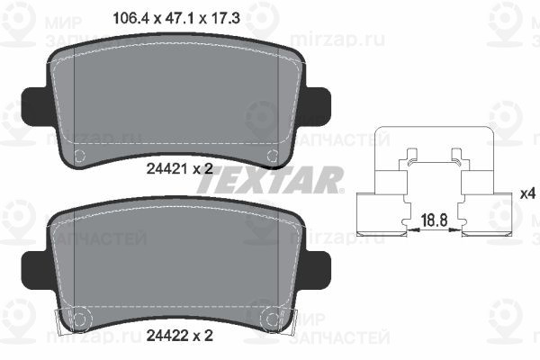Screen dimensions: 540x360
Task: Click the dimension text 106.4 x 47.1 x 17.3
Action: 176,18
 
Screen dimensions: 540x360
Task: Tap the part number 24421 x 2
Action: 179,169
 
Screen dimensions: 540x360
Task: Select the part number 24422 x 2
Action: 179,335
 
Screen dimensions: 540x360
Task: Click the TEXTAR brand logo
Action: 270,180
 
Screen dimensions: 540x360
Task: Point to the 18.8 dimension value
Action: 435,220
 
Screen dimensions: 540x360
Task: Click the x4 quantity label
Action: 527,194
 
